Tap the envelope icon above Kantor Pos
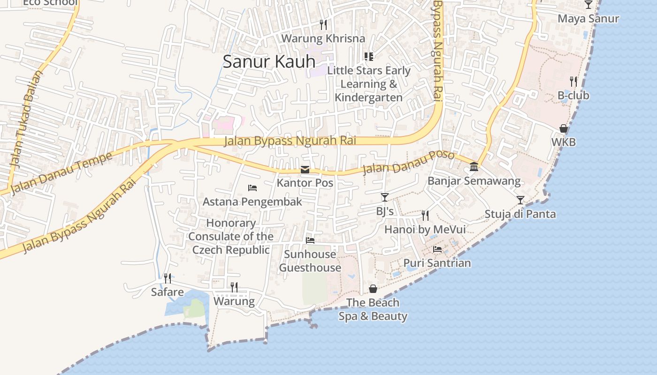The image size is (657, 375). pos(305,170)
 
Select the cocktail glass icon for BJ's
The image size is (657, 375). pos(385,197)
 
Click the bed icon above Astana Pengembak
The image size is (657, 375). pos(252,188)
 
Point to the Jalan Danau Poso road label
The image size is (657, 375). pos(408,162)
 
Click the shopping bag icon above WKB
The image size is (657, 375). pos(564,128)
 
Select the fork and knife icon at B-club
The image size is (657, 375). pos(573,82)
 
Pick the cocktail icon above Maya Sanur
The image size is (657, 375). pos(588,5)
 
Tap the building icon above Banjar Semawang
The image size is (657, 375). pos(474,167)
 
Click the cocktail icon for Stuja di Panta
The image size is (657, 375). pos(520,200)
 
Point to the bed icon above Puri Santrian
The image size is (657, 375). pos(437,249)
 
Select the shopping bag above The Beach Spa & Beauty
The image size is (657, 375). pos(373,289)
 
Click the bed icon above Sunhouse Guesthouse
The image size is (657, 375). pos(310,240)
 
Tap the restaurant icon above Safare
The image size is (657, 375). pos(168,278)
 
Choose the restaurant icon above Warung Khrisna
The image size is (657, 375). pos(323,24)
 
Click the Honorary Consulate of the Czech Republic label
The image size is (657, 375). pos(231,236)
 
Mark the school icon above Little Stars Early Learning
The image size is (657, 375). pos(369,57)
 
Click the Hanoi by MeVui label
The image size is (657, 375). pos(425,229)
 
